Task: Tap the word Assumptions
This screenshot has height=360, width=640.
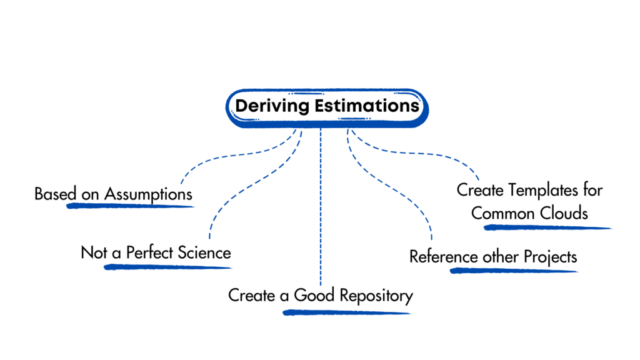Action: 148,194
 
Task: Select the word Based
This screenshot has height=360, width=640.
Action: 52,194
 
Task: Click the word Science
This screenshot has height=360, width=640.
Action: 204,253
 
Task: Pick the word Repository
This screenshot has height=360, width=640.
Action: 376,295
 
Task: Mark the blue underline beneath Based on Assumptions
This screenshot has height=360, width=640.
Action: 131,206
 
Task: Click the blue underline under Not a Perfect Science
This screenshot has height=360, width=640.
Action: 167,267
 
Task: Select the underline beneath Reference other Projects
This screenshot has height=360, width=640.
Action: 513,271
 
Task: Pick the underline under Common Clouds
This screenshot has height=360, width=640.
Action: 547,227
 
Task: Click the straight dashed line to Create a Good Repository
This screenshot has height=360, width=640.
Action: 320,206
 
